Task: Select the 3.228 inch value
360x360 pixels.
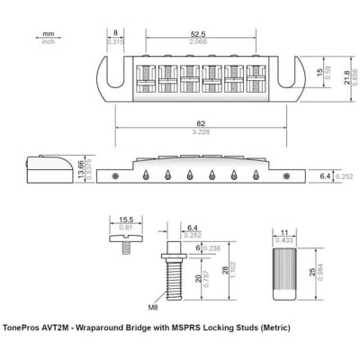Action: (x=184, y=133)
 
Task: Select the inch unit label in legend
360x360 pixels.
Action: (x=48, y=41)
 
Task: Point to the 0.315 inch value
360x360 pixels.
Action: (x=115, y=41)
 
